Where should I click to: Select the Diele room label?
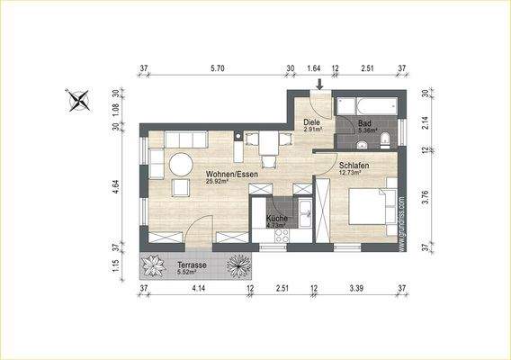[x=312, y=121]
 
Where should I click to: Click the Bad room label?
[x=364, y=122]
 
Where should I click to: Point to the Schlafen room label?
[x=354, y=166]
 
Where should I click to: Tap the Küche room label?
[x=276, y=219]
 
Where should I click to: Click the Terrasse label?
[x=192, y=266]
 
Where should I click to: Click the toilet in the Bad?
[x=385, y=138]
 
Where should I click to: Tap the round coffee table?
[x=181, y=165]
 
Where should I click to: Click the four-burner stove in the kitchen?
[x=281, y=236]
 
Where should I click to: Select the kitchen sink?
[x=307, y=213]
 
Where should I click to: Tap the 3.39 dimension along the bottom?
[x=359, y=290]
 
